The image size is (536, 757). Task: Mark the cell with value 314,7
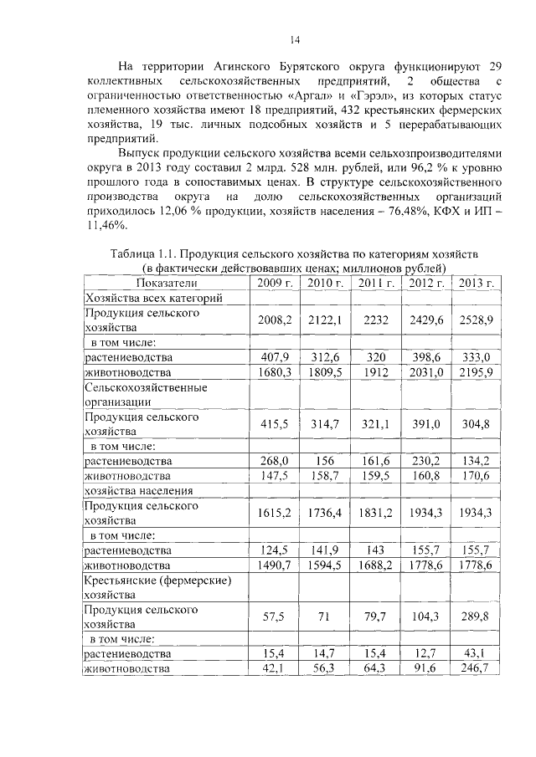point(325,424)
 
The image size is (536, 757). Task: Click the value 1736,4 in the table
point(325,514)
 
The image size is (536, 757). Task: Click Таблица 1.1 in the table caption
point(142,253)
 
